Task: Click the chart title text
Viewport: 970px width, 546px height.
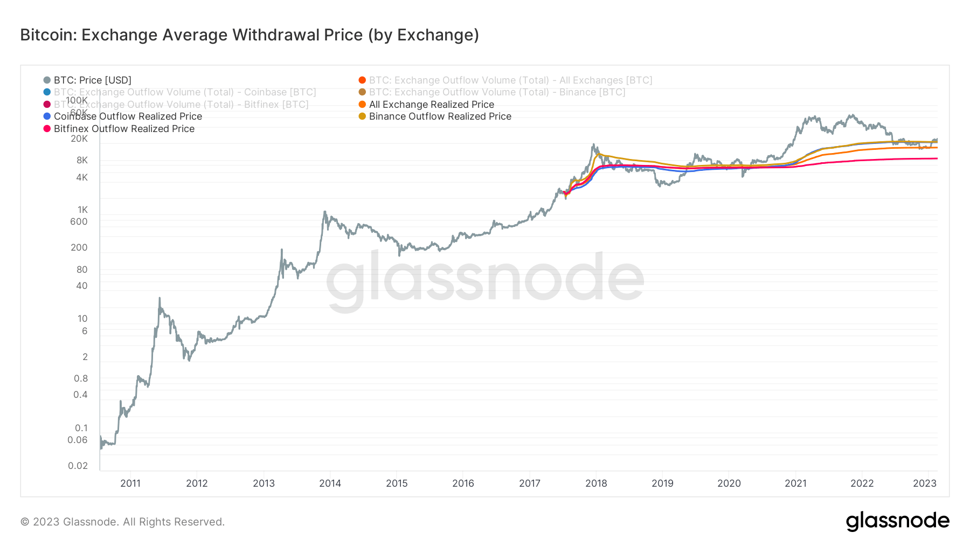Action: pos(250,35)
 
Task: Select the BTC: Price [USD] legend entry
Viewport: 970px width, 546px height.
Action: pos(92,80)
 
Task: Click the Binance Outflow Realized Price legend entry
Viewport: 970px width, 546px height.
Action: pos(440,116)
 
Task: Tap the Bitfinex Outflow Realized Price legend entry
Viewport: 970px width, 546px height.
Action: pos(124,129)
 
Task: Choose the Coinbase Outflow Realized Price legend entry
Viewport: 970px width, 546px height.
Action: pos(128,116)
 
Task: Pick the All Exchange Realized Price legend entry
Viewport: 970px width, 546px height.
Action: pos(431,105)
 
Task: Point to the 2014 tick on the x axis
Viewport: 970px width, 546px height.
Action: pos(330,483)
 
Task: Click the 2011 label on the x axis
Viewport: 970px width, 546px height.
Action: pos(130,483)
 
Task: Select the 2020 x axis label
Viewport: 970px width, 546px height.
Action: pos(729,483)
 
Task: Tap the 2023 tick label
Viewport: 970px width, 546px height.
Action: pos(925,483)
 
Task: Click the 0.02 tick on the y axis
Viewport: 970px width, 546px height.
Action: pos(78,466)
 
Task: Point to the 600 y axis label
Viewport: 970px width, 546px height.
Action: pos(79,222)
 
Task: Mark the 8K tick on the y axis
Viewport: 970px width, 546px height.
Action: pos(82,160)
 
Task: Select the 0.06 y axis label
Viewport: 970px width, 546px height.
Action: pos(78,440)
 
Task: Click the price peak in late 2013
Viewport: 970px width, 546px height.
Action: pos(324,212)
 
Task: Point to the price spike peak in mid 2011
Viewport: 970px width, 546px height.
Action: pos(160,298)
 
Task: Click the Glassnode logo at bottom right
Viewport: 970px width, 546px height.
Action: pos(897,521)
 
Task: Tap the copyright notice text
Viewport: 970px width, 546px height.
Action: pos(122,522)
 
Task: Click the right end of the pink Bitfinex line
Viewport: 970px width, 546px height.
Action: pos(937,158)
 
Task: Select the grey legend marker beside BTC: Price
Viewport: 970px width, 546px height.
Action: pos(47,80)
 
